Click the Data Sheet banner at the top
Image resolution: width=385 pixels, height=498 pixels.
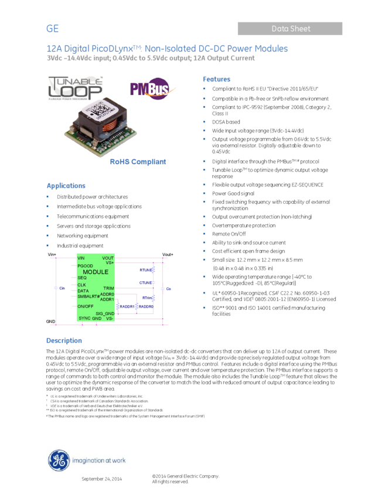point(290,29)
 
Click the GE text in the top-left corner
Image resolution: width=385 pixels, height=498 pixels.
point(53,29)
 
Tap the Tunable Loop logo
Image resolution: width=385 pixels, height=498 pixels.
point(75,88)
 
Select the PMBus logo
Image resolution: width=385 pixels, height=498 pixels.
point(153,88)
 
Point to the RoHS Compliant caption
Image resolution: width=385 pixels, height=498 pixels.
point(138,162)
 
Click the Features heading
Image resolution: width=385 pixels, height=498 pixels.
point(216,79)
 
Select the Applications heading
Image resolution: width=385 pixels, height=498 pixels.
point(66,186)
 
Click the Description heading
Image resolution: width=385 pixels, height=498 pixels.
point(64,340)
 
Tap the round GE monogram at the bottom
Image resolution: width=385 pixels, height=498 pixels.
point(59,460)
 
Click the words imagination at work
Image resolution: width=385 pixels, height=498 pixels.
point(98,461)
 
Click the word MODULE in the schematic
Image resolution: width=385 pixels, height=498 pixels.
point(95,272)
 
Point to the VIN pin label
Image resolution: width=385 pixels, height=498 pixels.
point(81,258)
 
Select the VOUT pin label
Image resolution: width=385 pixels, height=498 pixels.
point(108,258)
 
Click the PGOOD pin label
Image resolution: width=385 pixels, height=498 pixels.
point(85,266)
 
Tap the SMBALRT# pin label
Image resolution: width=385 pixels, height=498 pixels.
point(88,296)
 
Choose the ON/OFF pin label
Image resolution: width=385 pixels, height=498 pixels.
point(86,306)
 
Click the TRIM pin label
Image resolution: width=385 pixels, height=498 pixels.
point(108,288)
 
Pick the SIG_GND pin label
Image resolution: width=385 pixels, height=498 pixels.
point(105,313)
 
